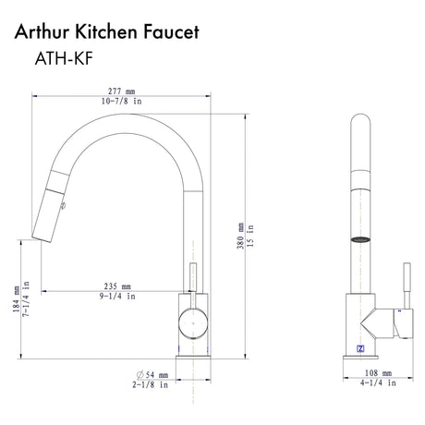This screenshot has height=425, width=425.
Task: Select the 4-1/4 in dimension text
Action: pos(371,386)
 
